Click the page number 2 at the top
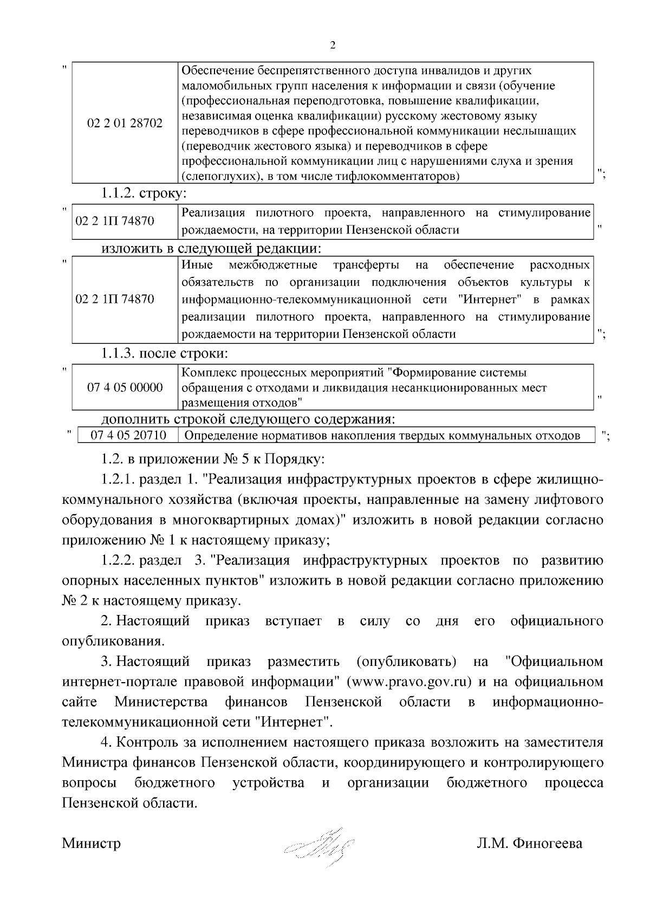[x=333, y=46]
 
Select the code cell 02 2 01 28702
[x=125, y=124]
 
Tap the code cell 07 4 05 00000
[x=125, y=387]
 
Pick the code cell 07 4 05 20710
[x=128, y=436]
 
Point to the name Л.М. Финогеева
[x=529, y=844]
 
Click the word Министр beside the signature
[x=91, y=844]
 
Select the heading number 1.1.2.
[x=118, y=193]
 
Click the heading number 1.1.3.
[x=118, y=353]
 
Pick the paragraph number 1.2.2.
[x=118, y=560]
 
